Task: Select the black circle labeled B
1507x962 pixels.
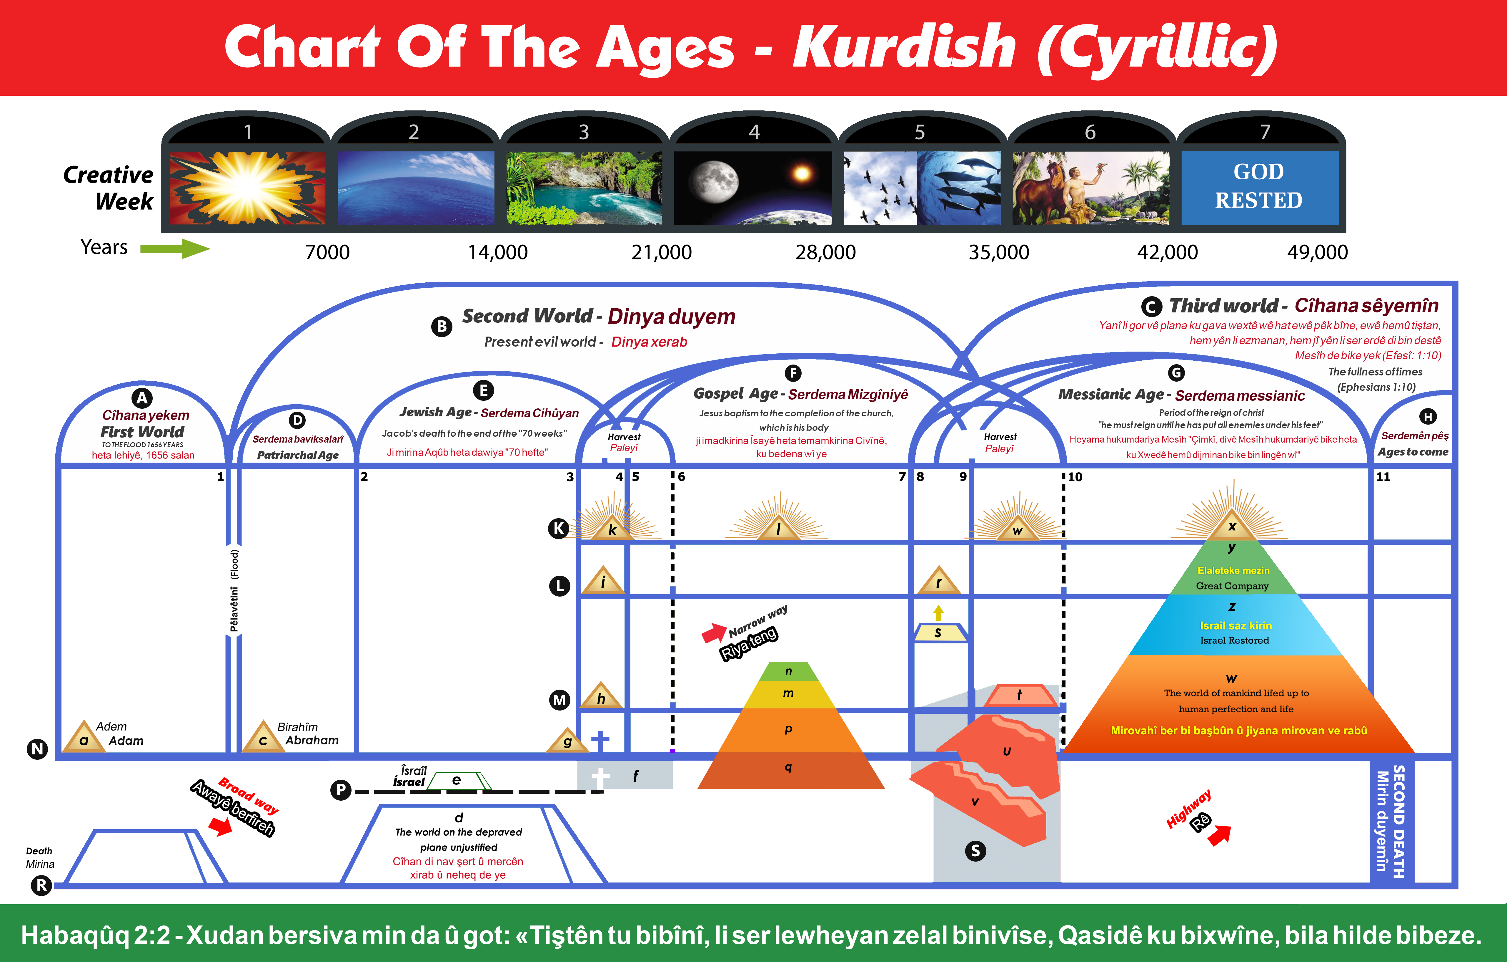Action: click(x=442, y=326)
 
